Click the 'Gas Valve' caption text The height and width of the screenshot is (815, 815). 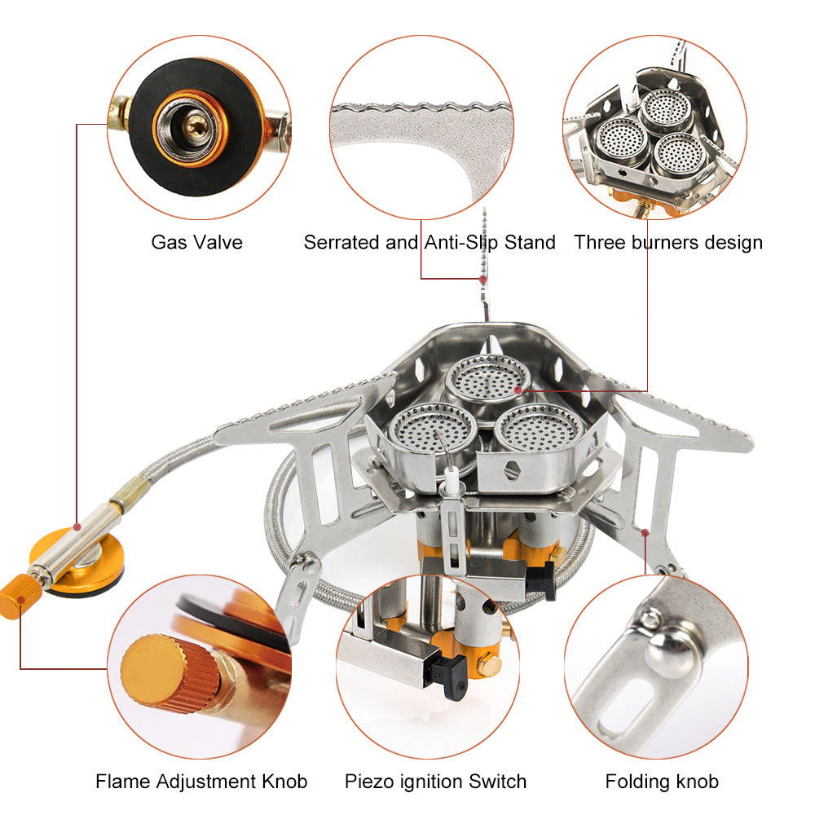coord(196,242)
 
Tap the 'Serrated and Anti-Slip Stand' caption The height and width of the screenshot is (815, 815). coord(430,242)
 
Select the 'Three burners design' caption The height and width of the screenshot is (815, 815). coord(668,242)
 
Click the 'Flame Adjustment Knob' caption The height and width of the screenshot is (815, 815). coord(201,782)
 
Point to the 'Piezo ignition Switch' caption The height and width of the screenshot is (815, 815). coord(435,782)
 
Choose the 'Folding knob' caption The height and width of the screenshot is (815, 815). coord(662,782)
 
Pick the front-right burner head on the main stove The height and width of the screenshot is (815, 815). coord(537,429)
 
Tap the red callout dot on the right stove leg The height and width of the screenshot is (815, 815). coord(645,533)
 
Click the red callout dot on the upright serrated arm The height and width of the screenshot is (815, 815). coord(483,279)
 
